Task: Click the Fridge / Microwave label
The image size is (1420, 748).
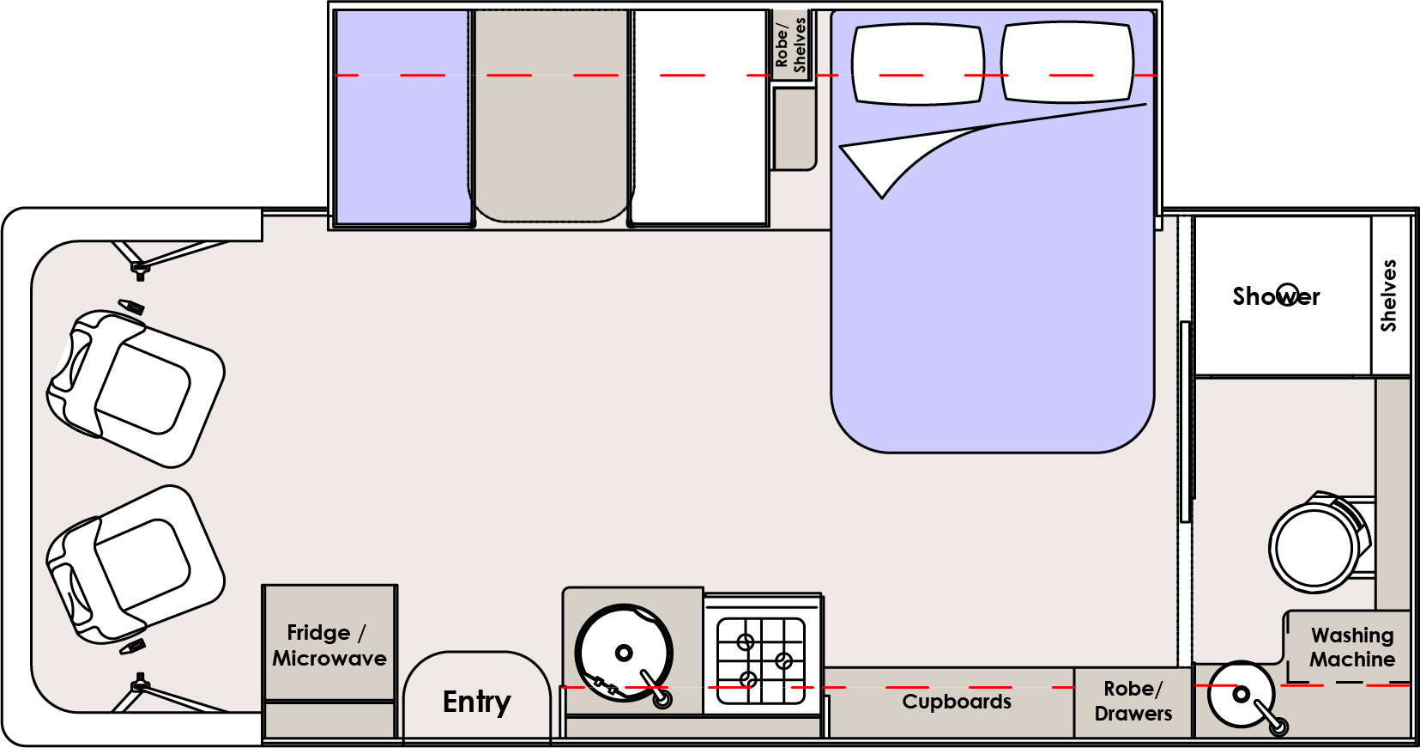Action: [x=329, y=646]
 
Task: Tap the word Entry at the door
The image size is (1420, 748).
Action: [x=476, y=702]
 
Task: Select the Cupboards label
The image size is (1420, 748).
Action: [x=957, y=702]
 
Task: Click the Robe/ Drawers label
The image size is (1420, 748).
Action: [x=1133, y=701]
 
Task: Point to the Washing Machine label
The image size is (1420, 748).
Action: [x=1352, y=648]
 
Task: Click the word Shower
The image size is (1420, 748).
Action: [x=1276, y=296]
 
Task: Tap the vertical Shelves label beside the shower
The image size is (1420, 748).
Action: [x=1389, y=295]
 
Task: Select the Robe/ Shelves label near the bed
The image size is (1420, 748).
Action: [x=791, y=45]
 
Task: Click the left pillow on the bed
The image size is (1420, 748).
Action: [x=917, y=64]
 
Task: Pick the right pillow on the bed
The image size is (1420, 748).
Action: [x=1067, y=62]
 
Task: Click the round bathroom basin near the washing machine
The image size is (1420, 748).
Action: [x=1241, y=694]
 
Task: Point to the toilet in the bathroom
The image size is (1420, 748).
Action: [x=1317, y=543]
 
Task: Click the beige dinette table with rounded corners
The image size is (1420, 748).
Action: [x=550, y=116]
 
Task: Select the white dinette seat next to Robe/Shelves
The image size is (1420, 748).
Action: [x=698, y=118]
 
